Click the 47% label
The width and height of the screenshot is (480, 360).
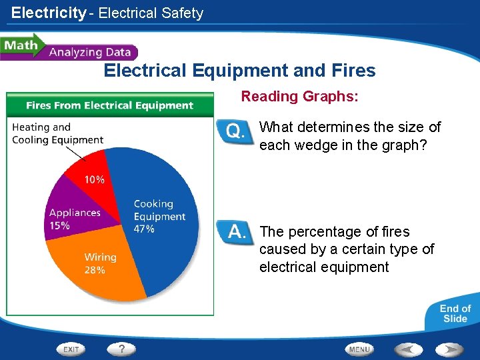click(144, 229)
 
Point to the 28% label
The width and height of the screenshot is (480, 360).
click(95, 270)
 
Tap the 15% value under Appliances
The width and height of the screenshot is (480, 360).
click(59, 225)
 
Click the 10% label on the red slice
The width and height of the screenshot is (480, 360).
click(94, 180)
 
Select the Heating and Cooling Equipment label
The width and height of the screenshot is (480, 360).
click(57, 133)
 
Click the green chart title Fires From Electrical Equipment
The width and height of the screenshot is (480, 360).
click(110, 105)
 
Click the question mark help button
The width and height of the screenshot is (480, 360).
click(121, 349)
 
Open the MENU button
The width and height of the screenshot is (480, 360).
click(359, 349)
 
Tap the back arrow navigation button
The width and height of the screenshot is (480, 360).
click(408, 349)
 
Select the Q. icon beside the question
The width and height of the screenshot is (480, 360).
click(234, 131)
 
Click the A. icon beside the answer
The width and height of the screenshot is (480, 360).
click(235, 231)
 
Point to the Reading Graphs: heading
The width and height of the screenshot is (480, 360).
click(299, 97)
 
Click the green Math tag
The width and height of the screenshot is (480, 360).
click(20, 47)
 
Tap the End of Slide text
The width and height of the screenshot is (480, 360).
click(455, 313)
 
